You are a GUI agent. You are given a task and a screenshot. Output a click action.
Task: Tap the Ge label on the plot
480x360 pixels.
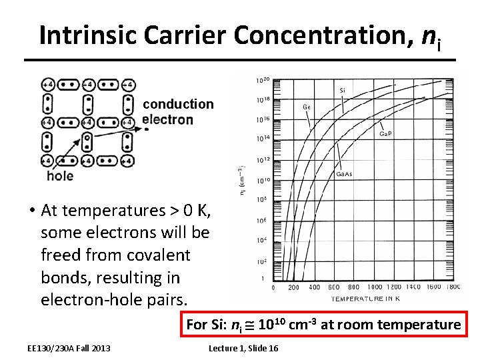[306, 106]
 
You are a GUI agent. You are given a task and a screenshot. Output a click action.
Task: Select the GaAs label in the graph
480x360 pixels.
[344, 174]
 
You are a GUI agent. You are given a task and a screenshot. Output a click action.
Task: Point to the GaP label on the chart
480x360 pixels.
[385, 134]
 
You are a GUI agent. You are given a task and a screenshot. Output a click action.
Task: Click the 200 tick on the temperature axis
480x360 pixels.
[293, 287]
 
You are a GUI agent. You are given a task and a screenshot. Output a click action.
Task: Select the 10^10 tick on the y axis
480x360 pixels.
[263, 180]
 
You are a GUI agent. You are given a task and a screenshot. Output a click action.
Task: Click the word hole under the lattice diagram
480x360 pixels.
[60, 176]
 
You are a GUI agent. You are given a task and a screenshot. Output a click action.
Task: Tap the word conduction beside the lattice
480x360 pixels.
[178, 104]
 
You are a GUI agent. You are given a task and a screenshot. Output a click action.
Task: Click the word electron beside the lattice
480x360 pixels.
[167, 120]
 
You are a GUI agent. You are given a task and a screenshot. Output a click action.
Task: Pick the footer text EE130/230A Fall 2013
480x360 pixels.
[69, 348]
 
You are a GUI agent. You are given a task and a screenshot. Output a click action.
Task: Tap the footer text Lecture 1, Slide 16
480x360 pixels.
[243, 348]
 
